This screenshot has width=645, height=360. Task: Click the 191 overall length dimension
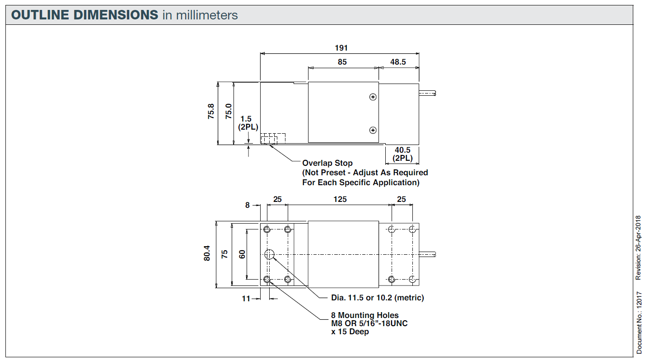tap(341, 48)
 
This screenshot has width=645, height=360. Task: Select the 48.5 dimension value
tap(398, 62)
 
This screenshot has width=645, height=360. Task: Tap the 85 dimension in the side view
tap(342, 62)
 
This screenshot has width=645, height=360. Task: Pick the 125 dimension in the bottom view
tap(340, 199)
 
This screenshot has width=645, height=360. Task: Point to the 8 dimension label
tap(247, 205)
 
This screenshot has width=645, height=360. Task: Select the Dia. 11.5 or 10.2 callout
tap(378, 298)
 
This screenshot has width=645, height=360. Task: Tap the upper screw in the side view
tap(373, 97)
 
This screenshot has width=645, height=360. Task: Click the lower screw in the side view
tap(373, 130)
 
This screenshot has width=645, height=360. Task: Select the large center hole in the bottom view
tap(270, 254)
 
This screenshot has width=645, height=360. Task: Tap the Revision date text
tap(638, 248)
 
